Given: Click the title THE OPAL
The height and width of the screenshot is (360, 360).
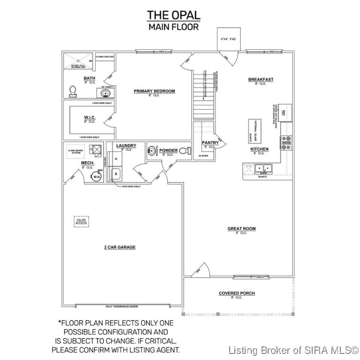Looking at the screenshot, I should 173,15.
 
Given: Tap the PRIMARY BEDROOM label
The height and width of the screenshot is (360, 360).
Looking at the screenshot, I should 154,91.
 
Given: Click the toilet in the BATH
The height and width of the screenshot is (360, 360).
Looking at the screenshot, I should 73,90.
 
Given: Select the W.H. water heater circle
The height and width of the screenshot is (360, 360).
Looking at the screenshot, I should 97,177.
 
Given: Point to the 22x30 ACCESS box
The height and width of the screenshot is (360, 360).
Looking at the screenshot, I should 82,221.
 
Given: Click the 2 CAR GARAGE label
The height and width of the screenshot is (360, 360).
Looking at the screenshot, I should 120,247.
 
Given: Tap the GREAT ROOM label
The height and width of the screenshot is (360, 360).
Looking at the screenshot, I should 241,229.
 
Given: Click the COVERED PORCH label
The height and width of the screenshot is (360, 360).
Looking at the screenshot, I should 237,293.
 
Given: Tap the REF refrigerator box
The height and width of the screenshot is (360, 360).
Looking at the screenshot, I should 286,113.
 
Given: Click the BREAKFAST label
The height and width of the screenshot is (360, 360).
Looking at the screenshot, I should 261,80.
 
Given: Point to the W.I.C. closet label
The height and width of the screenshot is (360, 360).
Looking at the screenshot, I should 90,117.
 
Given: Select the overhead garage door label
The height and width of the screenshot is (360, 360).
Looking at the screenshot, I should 122,307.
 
